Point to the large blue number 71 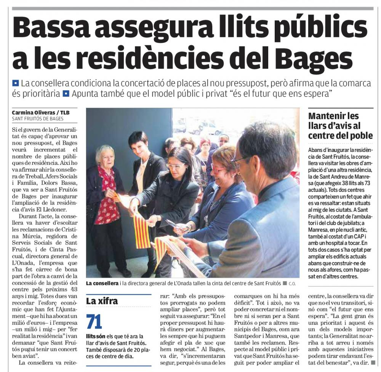[94, 322]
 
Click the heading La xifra [102, 301]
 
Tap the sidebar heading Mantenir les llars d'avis [340, 126]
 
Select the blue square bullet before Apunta [66, 93]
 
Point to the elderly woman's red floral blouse [108, 198]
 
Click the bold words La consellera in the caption [102, 283]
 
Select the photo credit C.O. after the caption [292, 284]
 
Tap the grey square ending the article [373, 362]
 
